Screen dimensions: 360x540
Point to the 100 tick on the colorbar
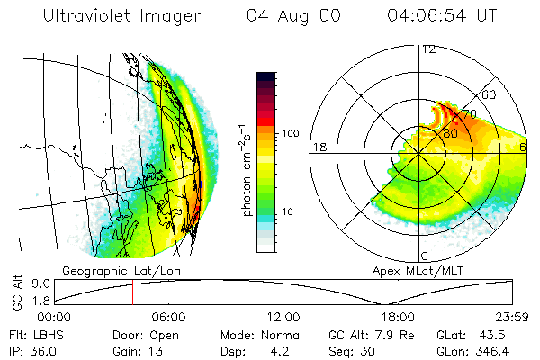(290, 132)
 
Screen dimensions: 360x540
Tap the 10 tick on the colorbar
(288, 211)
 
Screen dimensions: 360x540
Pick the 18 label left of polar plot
(319, 147)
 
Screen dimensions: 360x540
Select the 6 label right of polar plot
(525, 147)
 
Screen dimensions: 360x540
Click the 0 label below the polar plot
(425, 256)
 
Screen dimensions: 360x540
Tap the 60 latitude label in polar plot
(490, 94)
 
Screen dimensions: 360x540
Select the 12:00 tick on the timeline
(283, 317)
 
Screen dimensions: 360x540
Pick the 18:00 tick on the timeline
(397, 317)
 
